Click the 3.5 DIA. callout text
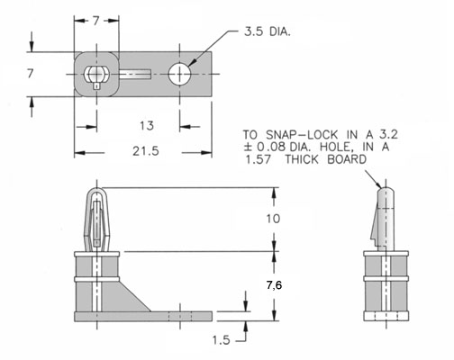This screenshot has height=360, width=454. coord(267,31)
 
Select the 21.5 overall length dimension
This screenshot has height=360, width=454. coord(146,151)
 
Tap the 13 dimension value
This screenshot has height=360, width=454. coord(147,126)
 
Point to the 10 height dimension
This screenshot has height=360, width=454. coord(273,219)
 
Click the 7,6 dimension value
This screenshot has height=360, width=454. coord(274,285)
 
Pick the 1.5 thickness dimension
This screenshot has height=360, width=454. coord(222,340)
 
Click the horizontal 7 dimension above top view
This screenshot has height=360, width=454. coord(95,21)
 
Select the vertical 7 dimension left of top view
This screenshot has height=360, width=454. coord(31,74)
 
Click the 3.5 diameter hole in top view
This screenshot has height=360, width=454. coord(179,74)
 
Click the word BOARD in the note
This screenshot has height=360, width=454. coord(347,159)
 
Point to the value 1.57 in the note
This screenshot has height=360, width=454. coord(259,159)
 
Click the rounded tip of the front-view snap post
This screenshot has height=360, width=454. coord(96,190)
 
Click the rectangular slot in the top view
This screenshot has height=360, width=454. coord(135,74)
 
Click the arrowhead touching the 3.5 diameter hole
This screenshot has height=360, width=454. coord(193,61)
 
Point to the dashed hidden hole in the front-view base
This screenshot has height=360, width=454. coord(180,317)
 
